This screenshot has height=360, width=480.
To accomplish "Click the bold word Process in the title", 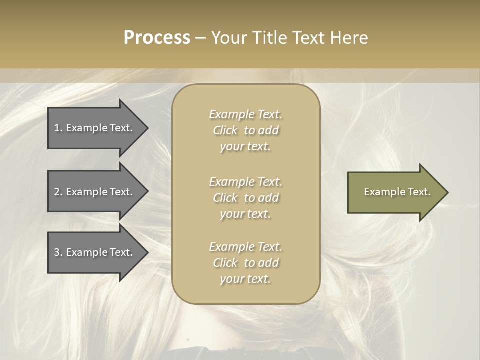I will [157, 38].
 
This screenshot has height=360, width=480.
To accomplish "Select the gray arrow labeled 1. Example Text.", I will [95, 128].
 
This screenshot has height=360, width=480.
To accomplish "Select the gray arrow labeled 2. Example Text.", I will [95, 192].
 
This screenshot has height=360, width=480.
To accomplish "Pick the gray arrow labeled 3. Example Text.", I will [95, 252].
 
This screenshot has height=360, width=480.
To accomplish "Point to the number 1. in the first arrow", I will [58, 128].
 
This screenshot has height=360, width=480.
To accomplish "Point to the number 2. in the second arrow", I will [58, 192].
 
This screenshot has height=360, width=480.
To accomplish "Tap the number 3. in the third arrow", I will [58, 252].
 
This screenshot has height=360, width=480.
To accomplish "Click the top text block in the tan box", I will [245, 130].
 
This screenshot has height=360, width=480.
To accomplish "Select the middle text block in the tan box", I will [245, 198].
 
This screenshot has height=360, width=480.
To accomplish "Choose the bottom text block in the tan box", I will [245, 263].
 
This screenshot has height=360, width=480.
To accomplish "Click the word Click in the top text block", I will [225, 130].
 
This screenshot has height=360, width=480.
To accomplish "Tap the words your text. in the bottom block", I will [245, 279].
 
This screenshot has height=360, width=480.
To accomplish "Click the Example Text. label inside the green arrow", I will [397, 192].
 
